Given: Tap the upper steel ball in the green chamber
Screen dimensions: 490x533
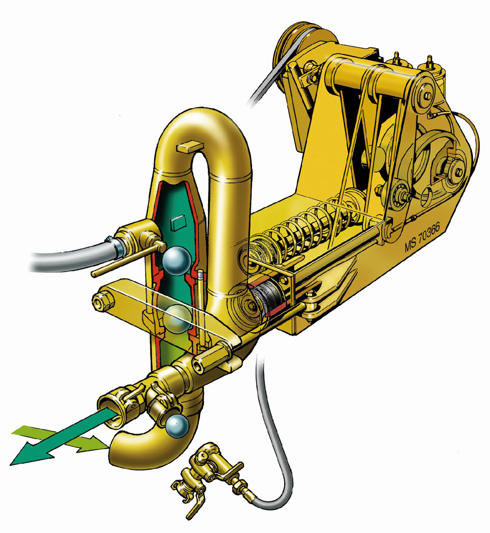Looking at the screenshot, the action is tap(176, 261).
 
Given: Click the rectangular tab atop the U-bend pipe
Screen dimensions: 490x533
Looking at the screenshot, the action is tap(189, 146).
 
